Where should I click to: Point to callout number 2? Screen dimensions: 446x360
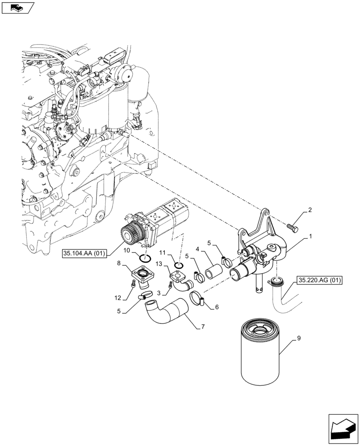(310, 210)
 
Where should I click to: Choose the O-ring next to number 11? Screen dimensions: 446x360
(179, 266)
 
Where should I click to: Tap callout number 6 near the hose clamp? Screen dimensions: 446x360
(217, 307)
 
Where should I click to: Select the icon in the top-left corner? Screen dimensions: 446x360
(18, 7)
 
